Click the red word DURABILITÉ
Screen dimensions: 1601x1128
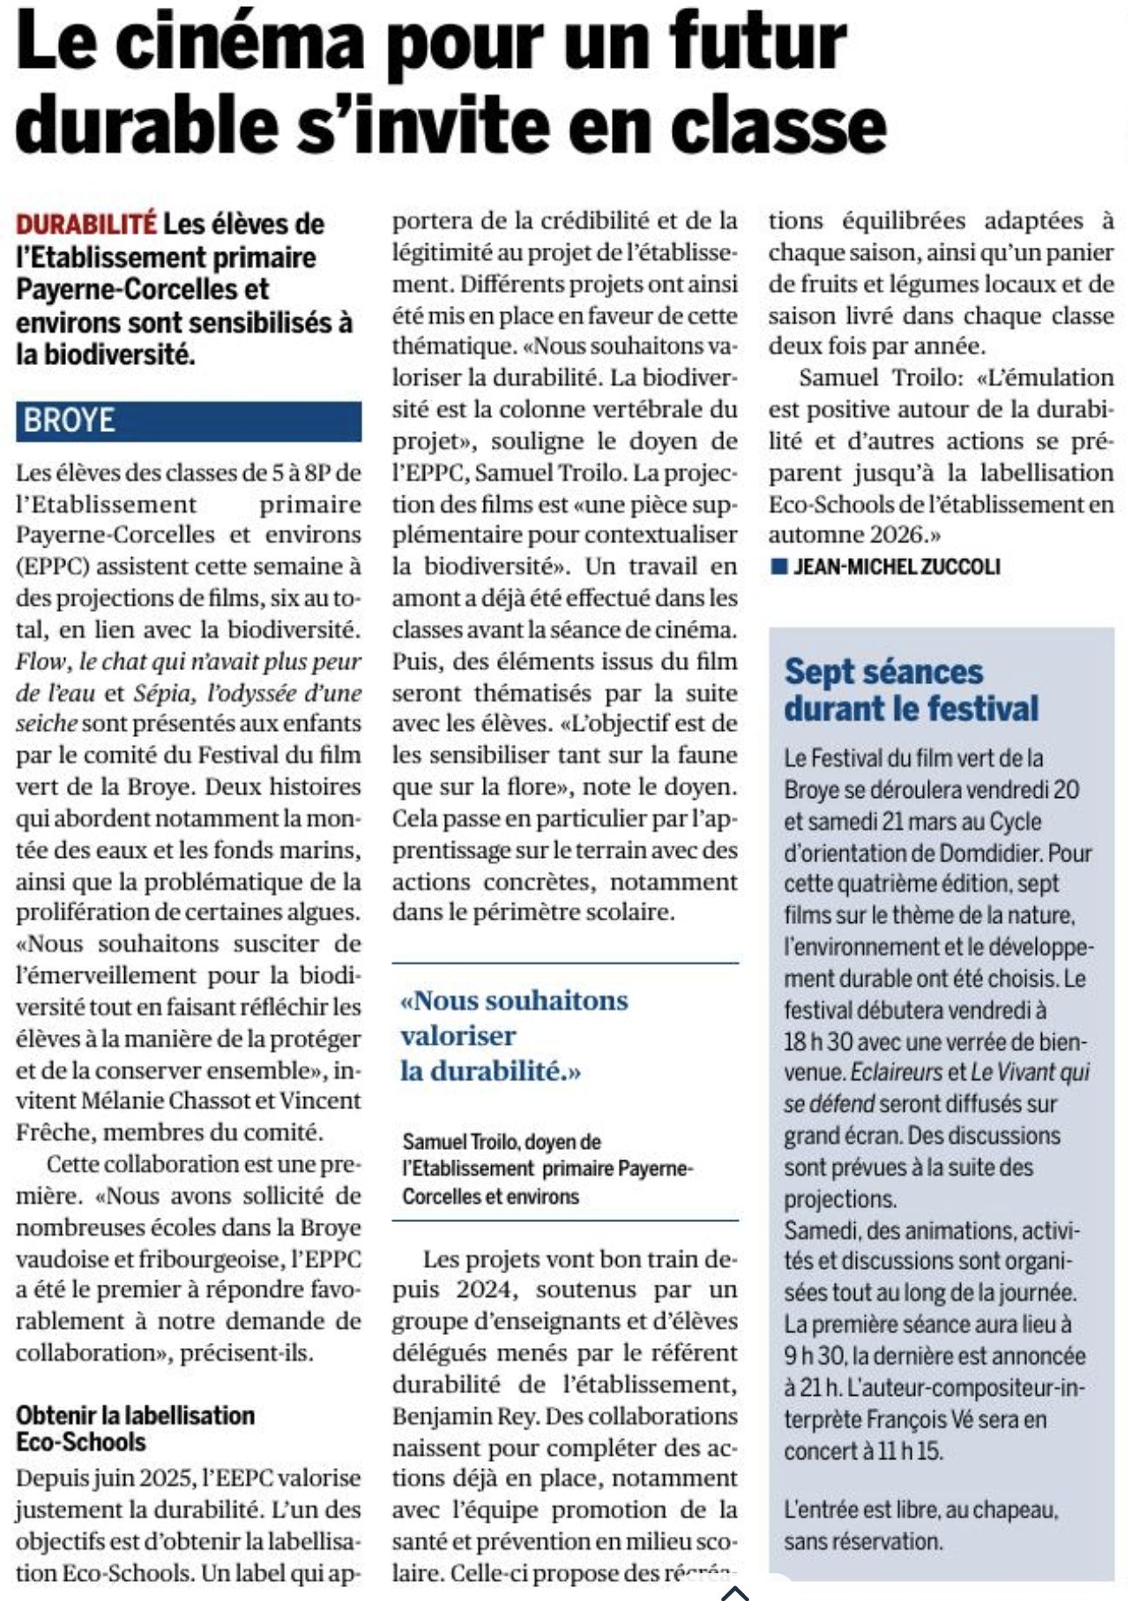pyautogui.click(x=86, y=224)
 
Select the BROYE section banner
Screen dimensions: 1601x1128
pyautogui.click(x=188, y=421)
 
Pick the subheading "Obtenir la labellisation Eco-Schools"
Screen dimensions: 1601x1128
pyautogui.click(x=135, y=1428)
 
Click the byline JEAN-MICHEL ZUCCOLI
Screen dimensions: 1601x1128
pyautogui.click(x=896, y=567)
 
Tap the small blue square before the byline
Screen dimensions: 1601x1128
pyautogui.click(x=779, y=567)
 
